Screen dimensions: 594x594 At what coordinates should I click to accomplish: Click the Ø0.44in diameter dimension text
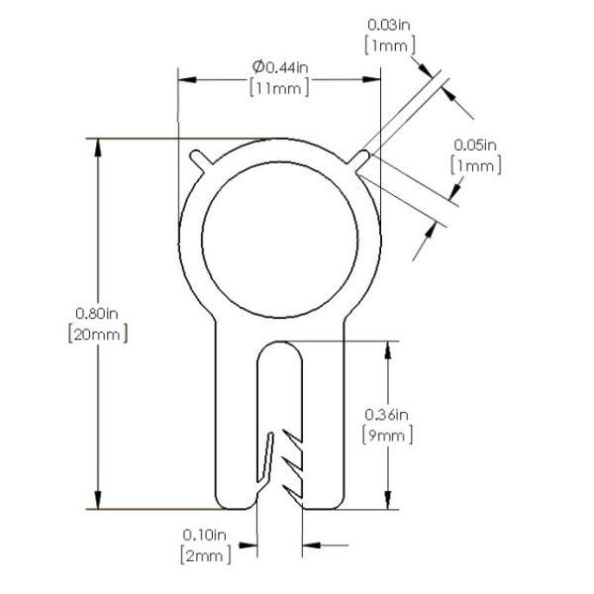coord(280,67)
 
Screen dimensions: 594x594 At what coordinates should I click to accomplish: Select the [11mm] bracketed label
coord(279,88)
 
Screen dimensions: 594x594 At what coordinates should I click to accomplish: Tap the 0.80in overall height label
coord(97,313)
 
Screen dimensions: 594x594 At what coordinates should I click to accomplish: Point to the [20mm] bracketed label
coord(98,335)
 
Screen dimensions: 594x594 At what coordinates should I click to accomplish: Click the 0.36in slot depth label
coord(386,415)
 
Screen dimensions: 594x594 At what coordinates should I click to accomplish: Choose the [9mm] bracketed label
coord(387,436)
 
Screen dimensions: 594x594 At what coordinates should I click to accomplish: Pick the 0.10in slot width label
coord(205,535)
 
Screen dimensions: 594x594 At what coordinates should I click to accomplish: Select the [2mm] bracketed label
coord(206,555)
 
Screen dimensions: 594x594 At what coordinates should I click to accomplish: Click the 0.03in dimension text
coord(389,25)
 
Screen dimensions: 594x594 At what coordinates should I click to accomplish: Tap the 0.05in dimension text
coord(475,145)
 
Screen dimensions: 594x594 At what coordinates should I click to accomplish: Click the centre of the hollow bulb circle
coord(279,241)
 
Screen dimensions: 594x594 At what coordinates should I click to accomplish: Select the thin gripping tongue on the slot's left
coord(266,457)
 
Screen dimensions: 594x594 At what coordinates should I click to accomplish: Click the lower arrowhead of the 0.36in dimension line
coord(387,500)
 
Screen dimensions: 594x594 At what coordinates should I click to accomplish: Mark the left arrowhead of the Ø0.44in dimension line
coord(187,80)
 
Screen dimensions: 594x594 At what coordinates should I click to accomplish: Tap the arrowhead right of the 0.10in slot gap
coord(312,545)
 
